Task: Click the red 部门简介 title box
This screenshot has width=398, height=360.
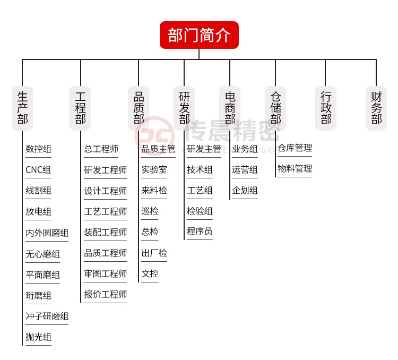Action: click(199, 35)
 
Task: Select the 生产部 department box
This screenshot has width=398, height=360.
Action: click(22, 108)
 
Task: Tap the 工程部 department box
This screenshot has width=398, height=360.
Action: click(81, 108)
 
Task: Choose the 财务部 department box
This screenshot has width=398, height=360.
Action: click(376, 108)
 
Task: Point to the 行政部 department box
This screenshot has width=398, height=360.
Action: click(326, 108)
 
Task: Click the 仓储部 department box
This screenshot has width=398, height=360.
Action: click(275, 108)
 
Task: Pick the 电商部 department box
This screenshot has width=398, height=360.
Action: click(230, 108)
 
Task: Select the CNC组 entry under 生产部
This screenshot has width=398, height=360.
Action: click(38, 170)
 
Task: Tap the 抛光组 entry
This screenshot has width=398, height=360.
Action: click(38, 337)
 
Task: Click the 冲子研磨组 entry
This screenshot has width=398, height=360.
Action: click(47, 316)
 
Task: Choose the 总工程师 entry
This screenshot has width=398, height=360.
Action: click(101, 149)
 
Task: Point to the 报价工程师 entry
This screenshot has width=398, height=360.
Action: click(105, 294)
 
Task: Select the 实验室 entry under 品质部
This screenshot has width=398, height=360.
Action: click(154, 170)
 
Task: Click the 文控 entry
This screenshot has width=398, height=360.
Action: click(150, 273)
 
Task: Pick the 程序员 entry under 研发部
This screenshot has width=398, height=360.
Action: click(200, 232)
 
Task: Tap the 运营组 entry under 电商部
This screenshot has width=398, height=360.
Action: click(245, 170)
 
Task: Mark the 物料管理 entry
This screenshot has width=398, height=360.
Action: click(295, 169)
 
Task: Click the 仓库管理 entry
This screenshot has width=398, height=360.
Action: click(295, 148)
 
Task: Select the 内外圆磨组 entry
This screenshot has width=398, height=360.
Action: click(47, 233)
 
